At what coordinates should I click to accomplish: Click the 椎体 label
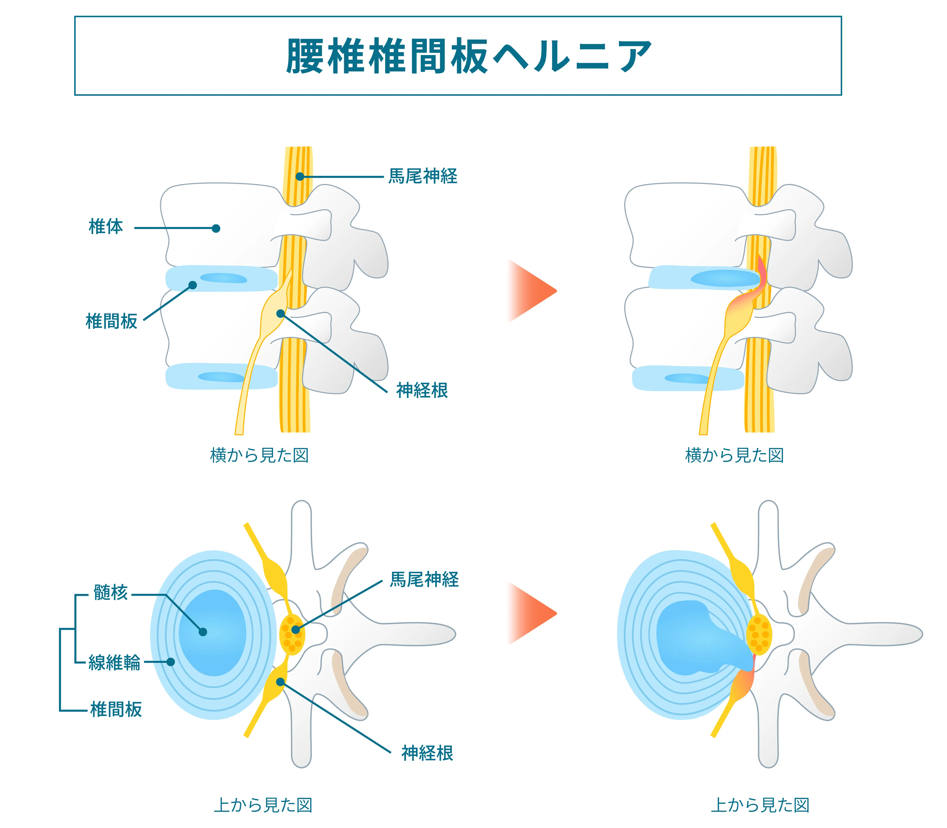[106, 227]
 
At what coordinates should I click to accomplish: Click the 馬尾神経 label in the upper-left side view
[423, 176]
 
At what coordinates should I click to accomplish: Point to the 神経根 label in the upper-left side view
[422, 390]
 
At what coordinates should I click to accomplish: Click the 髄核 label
[110, 592]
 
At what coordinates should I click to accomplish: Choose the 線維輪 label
[114, 663]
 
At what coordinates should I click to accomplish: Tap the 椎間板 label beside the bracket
[116, 709]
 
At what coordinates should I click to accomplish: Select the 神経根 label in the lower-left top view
[427, 753]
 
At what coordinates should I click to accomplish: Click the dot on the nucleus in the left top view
[202, 632]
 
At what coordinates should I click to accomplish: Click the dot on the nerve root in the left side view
[280, 314]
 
